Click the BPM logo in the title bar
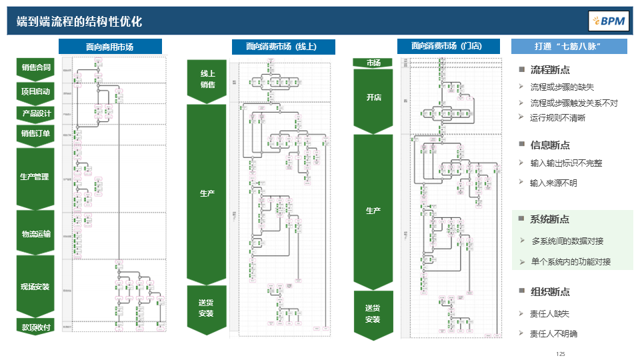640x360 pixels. coord(608,21)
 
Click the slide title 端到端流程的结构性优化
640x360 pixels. coord(79,21)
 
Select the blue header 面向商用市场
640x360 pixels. coord(110,47)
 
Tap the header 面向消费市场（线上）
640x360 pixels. coord(283,47)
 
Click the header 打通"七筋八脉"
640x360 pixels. coord(569,47)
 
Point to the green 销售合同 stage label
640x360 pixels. coord(35,67)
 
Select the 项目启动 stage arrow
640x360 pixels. coord(35,91)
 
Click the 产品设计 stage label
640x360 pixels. coord(35,113)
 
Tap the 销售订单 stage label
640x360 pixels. coord(35,133)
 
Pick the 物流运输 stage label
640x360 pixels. coord(35,233)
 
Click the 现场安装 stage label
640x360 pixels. coord(35,287)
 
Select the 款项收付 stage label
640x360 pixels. coord(35,327)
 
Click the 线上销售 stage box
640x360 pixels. coord(207,79)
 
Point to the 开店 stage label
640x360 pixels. coord(373,97)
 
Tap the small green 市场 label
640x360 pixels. coord(373,63)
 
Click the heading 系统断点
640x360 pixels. coord(549,219)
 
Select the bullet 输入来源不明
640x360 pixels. coord(553,183)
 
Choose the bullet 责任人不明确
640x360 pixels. coord(553,334)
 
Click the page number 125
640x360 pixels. coord(560,354)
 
